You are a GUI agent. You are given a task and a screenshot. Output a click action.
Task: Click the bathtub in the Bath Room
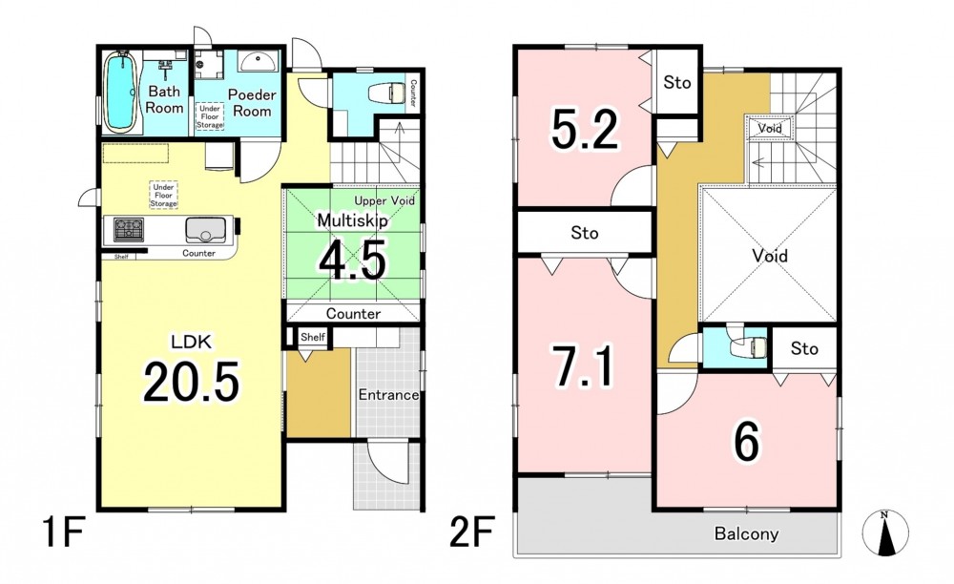pos(120,92)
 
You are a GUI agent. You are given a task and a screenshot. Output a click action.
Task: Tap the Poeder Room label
pos(252,103)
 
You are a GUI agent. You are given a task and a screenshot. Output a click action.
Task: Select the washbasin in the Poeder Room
pos(258,61)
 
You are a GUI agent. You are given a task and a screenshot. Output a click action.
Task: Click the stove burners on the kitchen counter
pos(129,229)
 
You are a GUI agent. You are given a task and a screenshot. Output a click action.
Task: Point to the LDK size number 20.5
pos(191,381)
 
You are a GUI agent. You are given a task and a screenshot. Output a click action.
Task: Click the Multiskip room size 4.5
pos(353,261)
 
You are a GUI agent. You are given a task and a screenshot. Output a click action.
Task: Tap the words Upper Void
pos(384,200)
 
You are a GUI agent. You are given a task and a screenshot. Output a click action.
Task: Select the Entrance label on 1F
pos(388,395)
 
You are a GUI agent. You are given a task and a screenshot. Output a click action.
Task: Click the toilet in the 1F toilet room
pos(387,94)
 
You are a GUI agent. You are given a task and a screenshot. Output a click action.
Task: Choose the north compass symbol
pos(885,532)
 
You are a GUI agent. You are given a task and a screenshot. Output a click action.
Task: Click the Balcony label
pos(746,534)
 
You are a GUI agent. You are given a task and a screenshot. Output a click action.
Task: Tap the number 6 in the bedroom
pos(747,442)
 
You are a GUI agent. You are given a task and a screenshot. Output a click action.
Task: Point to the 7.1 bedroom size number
pos(584,365)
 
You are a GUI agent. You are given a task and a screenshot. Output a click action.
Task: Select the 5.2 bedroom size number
pos(585,129)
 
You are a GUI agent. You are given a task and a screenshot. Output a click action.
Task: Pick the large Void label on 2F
pos(770,256)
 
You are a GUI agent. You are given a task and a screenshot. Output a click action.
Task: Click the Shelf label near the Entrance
pos(313,337)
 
